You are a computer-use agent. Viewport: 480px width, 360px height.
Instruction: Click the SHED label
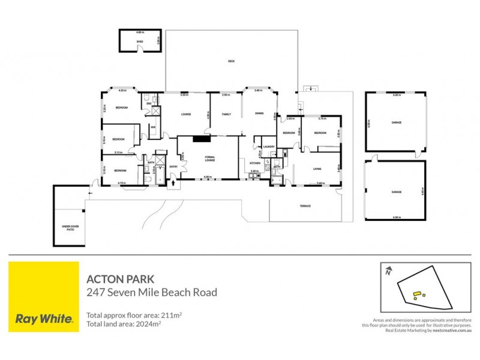pyautogui.click(x=140, y=42)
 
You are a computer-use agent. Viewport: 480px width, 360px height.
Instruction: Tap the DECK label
pyautogui.click(x=231, y=61)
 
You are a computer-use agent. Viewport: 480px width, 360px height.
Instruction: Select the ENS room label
pyautogui.click(x=149, y=103)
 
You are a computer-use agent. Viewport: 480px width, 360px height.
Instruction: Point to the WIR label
pyautogui.click(x=154, y=127)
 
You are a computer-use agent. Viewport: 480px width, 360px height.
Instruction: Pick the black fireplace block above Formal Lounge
pyautogui.click(x=204, y=139)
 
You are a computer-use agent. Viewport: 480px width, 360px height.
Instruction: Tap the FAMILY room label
pyautogui.click(x=226, y=114)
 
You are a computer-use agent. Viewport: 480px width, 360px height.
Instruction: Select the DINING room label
pyautogui.click(x=259, y=114)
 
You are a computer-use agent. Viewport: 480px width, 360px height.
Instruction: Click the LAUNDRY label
pyautogui.click(x=269, y=146)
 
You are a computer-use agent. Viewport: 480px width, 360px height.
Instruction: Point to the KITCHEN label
pyautogui.click(x=254, y=163)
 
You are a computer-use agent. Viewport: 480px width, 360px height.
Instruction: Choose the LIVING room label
pyautogui.click(x=317, y=169)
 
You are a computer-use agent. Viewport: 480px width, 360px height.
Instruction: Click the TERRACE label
pyautogui.click(x=305, y=206)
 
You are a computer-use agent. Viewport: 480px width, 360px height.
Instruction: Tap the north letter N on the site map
pyautogui.click(x=389, y=272)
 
